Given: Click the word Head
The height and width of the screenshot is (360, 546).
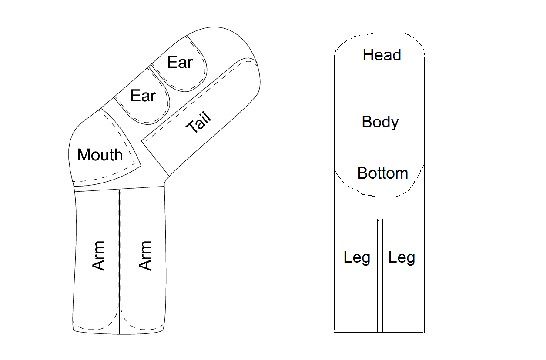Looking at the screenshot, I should pyautogui.click(x=382, y=55).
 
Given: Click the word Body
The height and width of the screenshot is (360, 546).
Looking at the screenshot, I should pyautogui.click(x=380, y=122).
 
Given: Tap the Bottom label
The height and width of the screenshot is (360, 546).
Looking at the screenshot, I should pyautogui.click(x=382, y=173).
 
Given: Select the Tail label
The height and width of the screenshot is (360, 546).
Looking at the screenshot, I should pyautogui.click(x=198, y=123).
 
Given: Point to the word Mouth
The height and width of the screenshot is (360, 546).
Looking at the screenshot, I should pyautogui.click(x=100, y=155).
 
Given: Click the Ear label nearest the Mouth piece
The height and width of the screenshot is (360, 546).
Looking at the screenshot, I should pyautogui.click(x=143, y=96).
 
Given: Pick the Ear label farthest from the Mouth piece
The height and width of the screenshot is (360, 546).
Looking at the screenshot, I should pyautogui.click(x=180, y=63).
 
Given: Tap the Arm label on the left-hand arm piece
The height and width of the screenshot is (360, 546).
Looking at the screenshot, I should pyautogui.click(x=100, y=256).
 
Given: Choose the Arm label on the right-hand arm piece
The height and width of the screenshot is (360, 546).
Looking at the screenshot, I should pyautogui.click(x=145, y=256).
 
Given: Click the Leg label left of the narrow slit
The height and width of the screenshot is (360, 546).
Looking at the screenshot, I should pyautogui.click(x=357, y=257).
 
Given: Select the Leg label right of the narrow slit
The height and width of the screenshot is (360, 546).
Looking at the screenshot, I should pyautogui.click(x=402, y=257).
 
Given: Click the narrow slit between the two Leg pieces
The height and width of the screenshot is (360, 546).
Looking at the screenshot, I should pyautogui.click(x=380, y=278).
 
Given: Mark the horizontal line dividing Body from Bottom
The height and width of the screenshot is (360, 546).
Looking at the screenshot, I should pyautogui.click(x=379, y=155).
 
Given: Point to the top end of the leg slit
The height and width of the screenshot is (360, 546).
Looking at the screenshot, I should pyautogui.click(x=380, y=220).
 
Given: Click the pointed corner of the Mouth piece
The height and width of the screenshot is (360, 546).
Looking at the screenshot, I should pyautogui.click(x=141, y=164).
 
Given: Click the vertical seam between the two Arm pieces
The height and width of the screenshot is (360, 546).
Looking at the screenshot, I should pyautogui.click(x=120, y=261).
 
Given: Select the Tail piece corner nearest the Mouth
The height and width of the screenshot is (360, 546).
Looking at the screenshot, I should pyautogui.click(x=142, y=140).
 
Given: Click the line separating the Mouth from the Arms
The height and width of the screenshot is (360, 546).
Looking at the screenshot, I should pyautogui.click(x=120, y=189).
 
